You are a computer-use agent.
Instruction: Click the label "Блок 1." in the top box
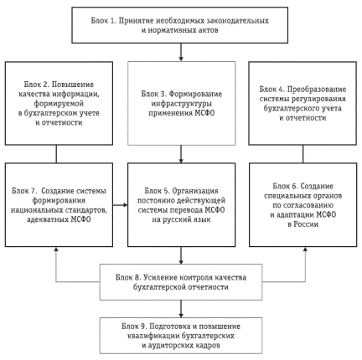(103, 21)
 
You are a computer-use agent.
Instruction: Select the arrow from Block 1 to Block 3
(181, 52)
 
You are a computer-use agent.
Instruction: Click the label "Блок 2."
(36, 85)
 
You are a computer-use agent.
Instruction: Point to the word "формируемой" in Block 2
(59, 104)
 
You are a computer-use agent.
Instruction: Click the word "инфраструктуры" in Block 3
(182, 104)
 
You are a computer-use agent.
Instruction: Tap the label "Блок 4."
(272, 90)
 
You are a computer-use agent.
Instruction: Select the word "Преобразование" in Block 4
(317, 90)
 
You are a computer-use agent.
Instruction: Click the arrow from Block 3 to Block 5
(181, 154)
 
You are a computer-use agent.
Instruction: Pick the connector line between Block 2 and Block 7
(56, 154)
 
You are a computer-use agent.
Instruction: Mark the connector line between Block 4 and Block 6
(303, 154)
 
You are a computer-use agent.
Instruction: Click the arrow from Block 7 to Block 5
(120, 205)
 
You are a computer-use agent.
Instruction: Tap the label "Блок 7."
(24, 191)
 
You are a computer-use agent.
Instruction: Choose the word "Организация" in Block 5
(195, 191)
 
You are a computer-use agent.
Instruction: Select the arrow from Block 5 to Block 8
(181, 255)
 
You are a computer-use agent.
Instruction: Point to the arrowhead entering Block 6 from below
(305, 249)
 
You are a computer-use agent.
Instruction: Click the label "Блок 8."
(128, 278)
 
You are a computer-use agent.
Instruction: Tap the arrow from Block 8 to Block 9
(181, 309)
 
